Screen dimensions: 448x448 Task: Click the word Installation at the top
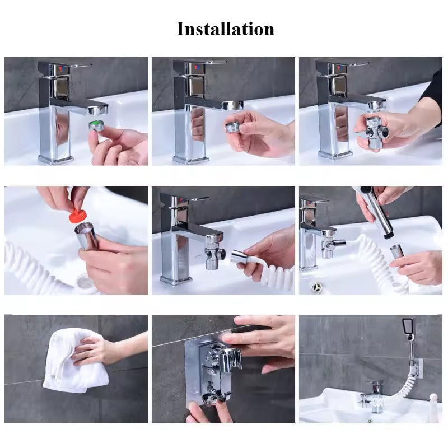pos(226,29)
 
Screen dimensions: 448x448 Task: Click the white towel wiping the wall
pos(74,360)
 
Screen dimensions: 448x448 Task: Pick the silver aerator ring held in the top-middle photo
pos(232,127)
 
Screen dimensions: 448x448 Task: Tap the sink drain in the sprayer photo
pos(317,286)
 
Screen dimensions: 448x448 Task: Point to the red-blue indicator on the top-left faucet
pos(62,68)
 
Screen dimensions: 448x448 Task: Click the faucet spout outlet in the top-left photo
pos(98,110)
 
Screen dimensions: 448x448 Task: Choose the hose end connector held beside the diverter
pos(240,256)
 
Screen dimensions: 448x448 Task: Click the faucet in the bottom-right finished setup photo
pos(373,395)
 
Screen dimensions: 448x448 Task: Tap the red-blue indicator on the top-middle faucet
pos(198,68)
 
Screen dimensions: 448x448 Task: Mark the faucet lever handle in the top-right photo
pos(343,62)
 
